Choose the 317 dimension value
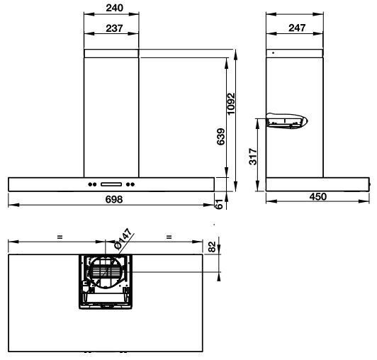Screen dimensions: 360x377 coord(253,156)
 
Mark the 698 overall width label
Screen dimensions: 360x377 coord(114,200)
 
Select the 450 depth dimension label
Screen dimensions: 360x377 coord(318,197)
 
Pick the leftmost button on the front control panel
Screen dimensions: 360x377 coord(90,185)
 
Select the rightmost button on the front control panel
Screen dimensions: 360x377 coord(133,185)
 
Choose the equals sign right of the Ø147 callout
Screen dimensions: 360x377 coord(169,237)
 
